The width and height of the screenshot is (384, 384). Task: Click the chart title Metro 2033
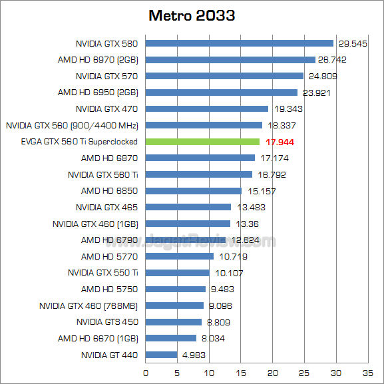coord(192,15)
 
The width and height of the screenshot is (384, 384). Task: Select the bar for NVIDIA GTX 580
coord(239,43)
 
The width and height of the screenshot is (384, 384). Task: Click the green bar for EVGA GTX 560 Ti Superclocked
coord(202,142)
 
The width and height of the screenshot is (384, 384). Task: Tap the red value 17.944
coord(280,142)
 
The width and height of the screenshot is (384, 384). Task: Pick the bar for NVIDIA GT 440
coord(161,355)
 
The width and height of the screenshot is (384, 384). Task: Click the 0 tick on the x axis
coord(146,373)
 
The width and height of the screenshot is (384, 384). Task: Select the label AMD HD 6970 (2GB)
coord(98,60)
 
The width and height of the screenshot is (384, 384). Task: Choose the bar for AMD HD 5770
coord(180,256)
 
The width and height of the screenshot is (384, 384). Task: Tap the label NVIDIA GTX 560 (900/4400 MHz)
coord(72,125)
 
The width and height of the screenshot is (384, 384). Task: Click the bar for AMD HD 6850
coord(194,191)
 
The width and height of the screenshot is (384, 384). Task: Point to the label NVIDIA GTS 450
coord(106,322)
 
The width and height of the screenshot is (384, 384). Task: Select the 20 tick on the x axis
coord(273,373)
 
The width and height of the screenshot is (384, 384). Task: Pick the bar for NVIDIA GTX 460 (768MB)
coord(174,305)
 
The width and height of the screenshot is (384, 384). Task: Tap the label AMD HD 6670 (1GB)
coord(98,338)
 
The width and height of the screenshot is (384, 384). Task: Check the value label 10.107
coord(228,273)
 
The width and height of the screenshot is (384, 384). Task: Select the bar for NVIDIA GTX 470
coord(207,108)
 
